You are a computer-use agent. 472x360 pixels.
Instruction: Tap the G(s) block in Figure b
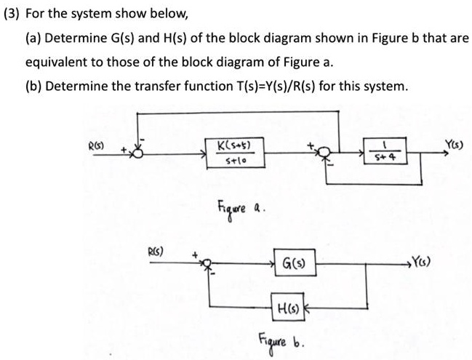click(295, 262)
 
